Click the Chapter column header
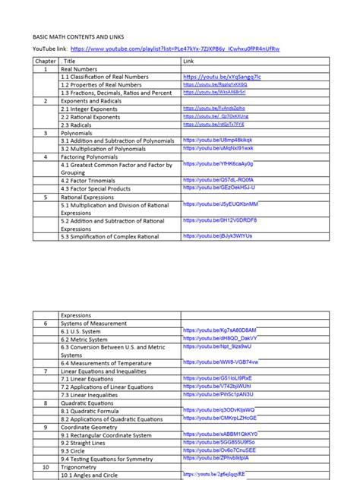45,60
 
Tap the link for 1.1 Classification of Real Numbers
222,77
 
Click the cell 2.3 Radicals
81,125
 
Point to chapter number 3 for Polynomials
45,132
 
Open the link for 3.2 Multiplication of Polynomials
216,149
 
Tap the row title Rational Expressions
93,196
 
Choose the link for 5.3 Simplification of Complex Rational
217,236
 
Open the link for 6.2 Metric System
220,339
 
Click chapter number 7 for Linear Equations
45,371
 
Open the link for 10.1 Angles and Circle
225,474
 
